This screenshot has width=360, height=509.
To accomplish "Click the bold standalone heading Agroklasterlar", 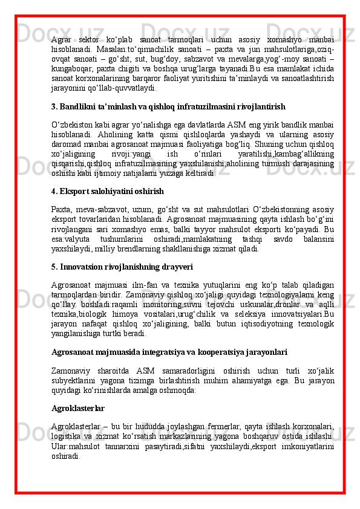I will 78,409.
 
